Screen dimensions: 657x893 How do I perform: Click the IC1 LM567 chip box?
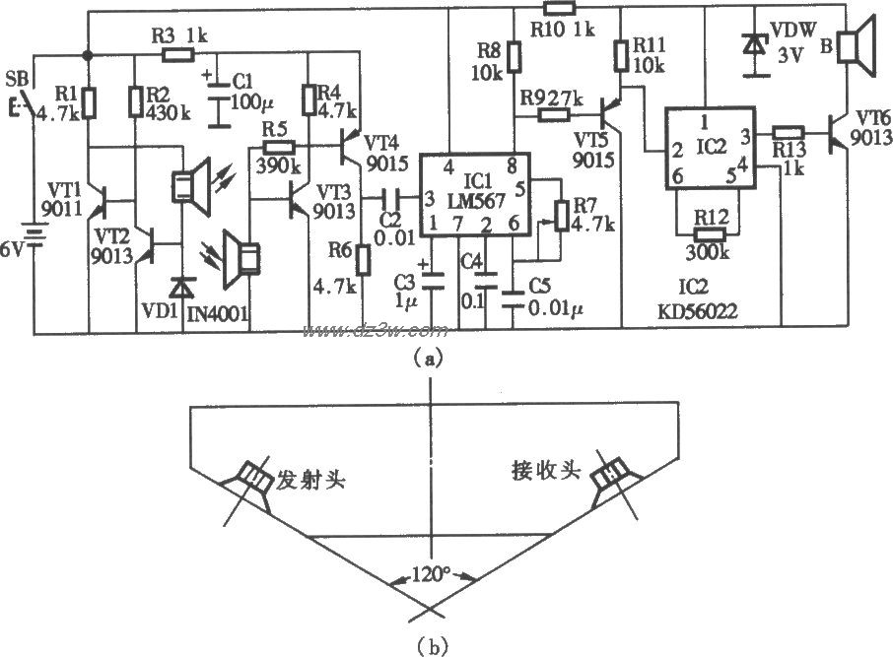click(x=469, y=198)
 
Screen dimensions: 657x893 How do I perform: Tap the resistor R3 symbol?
click(x=177, y=55)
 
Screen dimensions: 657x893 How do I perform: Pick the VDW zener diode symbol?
click(x=755, y=45)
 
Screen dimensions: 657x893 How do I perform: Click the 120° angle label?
click(x=432, y=574)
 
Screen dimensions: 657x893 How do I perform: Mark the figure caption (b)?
click(x=431, y=646)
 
